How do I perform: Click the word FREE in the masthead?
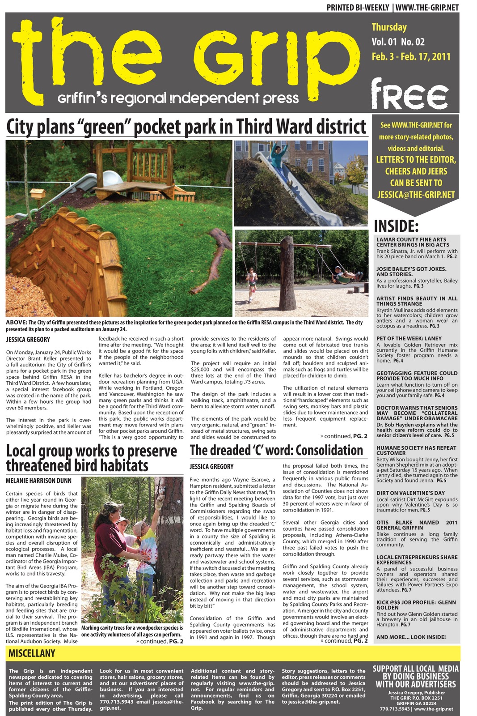point(409,94)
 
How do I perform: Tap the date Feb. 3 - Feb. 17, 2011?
point(411,57)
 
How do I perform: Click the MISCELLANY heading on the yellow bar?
point(32,653)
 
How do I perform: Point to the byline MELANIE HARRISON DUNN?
point(38,481)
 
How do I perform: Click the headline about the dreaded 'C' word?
point(276,450)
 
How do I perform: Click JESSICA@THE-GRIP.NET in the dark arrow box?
point(416,195)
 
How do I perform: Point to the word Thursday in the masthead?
point(389,27)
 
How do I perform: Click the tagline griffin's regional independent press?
point(178,98)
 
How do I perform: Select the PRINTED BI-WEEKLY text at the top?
point(358,8)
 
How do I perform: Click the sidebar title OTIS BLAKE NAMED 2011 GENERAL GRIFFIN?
point(417,525)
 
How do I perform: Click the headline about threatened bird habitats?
point(92,458)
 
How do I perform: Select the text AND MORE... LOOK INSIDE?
point(411,637)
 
